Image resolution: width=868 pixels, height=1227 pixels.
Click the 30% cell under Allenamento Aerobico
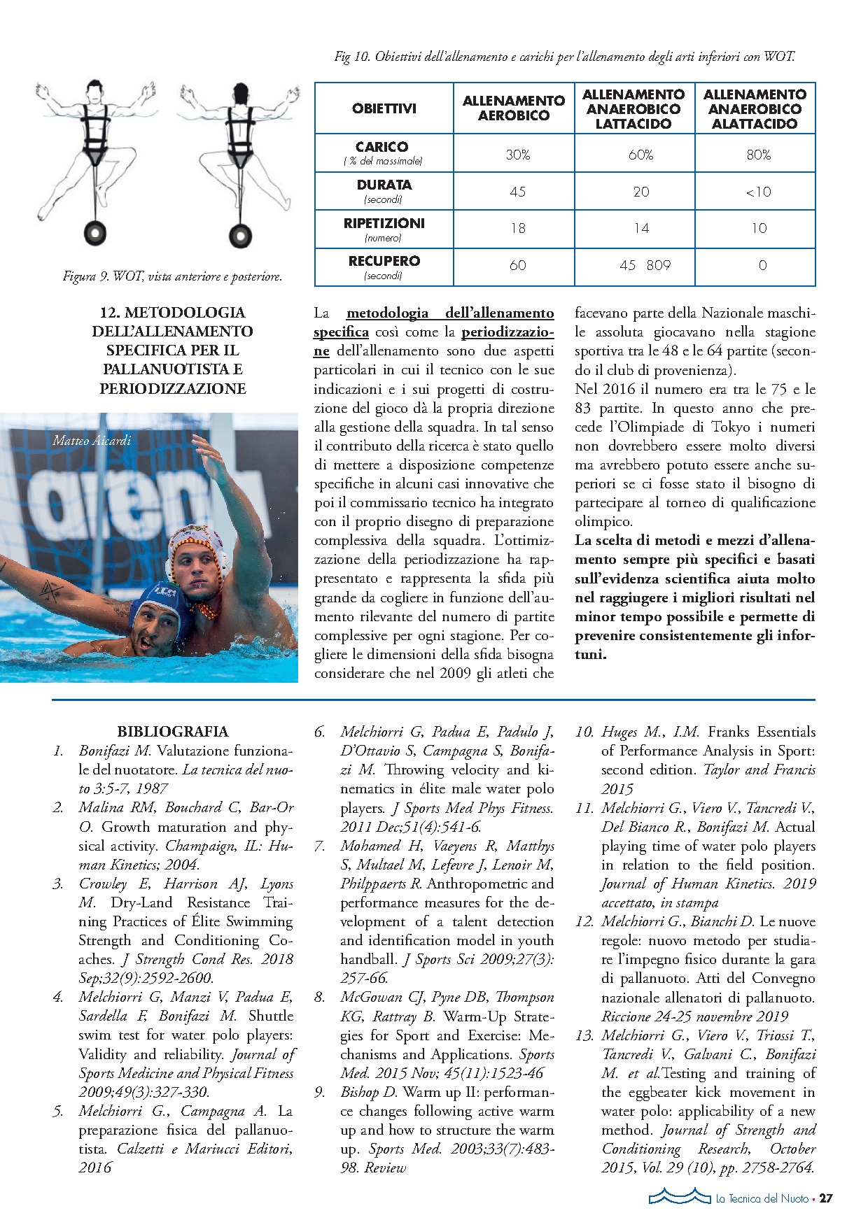click(x=517, y=155)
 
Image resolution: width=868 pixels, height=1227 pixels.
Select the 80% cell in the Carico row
click(x=758, y=155)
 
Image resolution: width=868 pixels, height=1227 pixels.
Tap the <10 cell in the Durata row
click(x=758, y=192)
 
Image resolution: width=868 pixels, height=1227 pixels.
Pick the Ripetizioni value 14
click(x=640, y=228)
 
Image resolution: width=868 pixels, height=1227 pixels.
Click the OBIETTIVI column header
click(x=384, y=108)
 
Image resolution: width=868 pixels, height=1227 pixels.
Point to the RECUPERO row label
click(x=384, y=261)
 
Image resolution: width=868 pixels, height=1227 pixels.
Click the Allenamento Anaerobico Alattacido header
click(x=755, y=108)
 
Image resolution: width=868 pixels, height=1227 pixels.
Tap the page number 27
click(x=826, y=1198)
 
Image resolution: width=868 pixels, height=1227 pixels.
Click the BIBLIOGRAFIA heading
click(x=172, y=732)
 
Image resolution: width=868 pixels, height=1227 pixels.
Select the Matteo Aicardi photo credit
click(x=92, y=441)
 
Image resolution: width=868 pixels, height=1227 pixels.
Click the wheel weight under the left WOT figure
click(x=94, y=233)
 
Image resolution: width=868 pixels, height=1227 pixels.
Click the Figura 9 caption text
click(x=172, y=276)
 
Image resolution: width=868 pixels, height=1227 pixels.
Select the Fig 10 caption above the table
click(x=564, y=57)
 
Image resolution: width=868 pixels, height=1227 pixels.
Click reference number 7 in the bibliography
click(x=319, y=846)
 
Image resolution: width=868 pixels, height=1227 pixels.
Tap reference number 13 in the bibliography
click(x=584, y=1035)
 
